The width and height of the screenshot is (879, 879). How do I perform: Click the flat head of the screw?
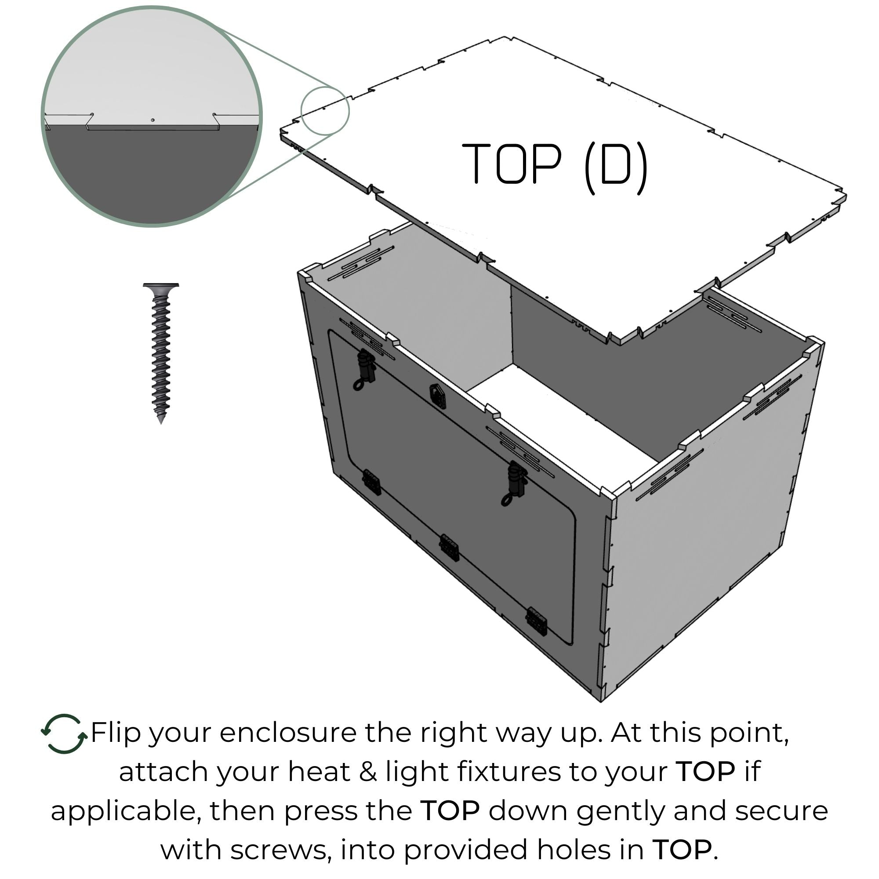(x=161, y=288)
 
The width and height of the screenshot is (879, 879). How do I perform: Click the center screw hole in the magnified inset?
(x=153, y=120)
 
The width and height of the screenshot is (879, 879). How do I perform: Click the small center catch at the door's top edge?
(x=437, y=394)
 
